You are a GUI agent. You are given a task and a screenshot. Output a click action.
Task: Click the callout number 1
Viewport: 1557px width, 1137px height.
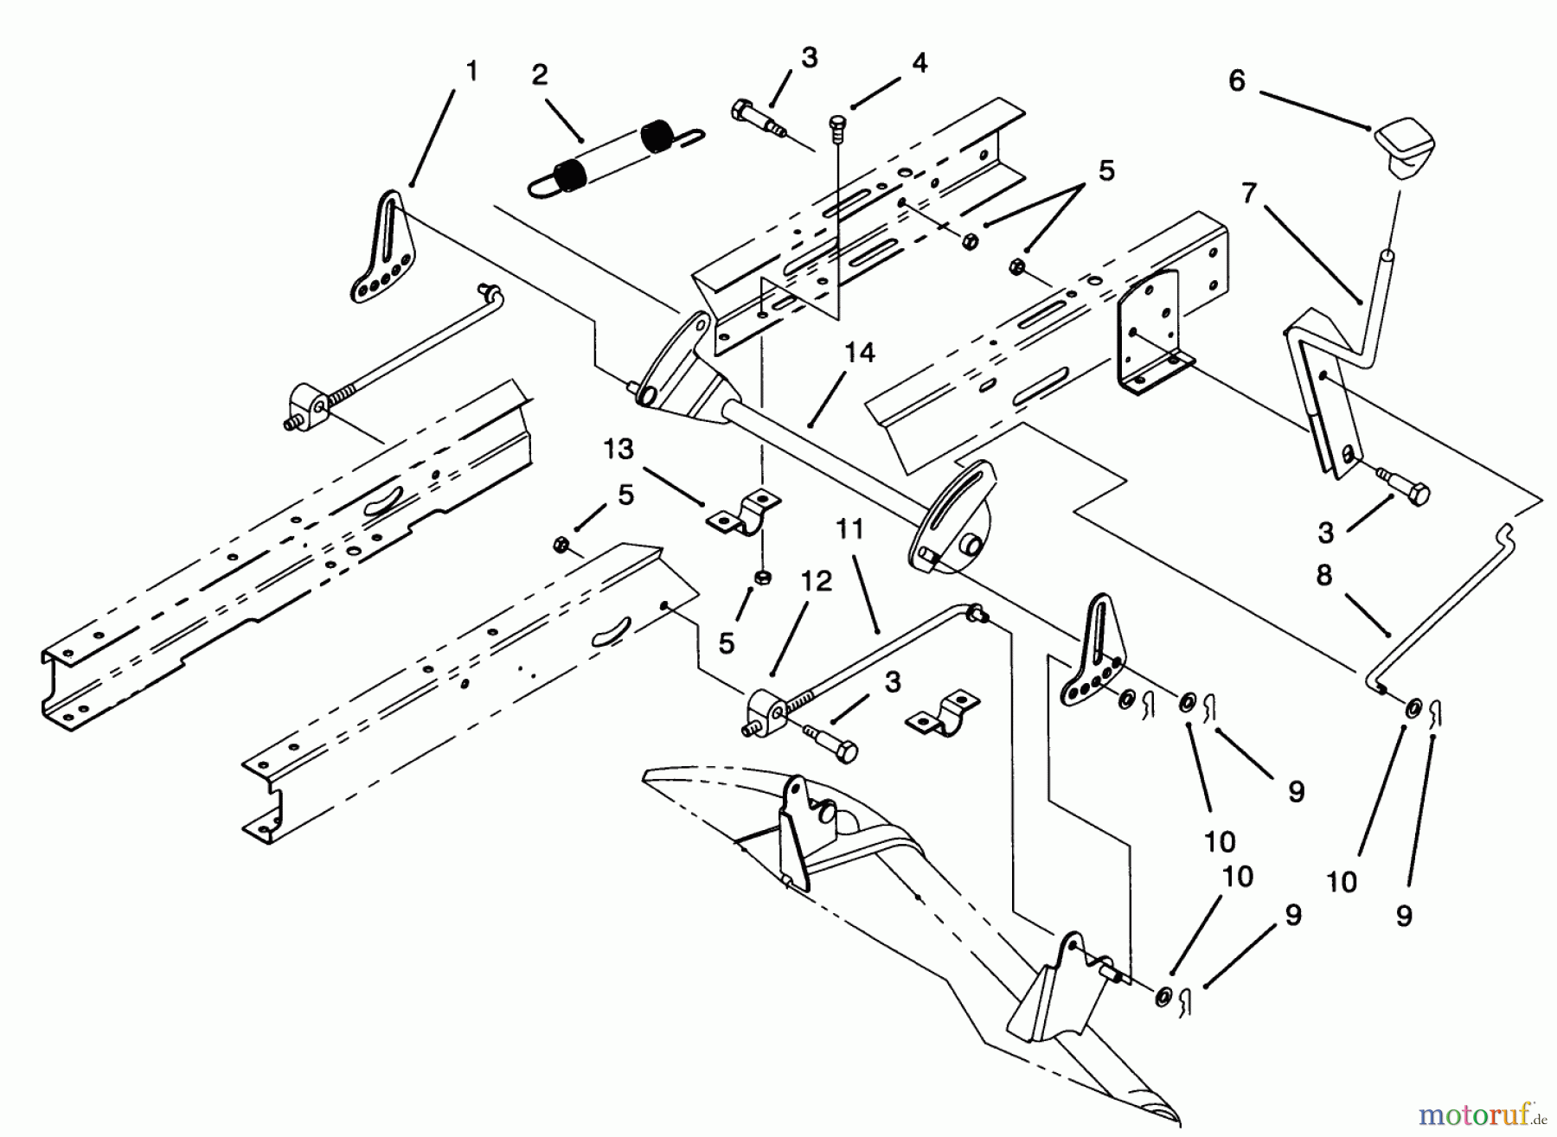pos(471,71)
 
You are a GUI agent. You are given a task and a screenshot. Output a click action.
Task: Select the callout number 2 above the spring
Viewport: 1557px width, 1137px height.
pos(540,75)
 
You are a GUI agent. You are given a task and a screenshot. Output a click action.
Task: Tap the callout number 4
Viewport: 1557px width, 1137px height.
pos(919,63)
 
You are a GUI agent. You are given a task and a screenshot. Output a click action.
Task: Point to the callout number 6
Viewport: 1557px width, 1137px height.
pos(1237,81)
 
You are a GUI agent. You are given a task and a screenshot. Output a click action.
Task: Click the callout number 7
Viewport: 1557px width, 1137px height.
pos(1247,195)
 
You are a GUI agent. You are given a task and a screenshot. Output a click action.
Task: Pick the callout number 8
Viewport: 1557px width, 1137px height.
pos(1324,575)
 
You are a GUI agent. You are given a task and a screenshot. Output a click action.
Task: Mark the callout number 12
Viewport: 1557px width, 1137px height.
pos(816,581)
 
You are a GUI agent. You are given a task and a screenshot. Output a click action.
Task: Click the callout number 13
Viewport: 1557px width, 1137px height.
pos(618,449)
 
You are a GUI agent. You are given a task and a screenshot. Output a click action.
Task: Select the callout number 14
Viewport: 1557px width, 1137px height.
pos(861,353)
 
